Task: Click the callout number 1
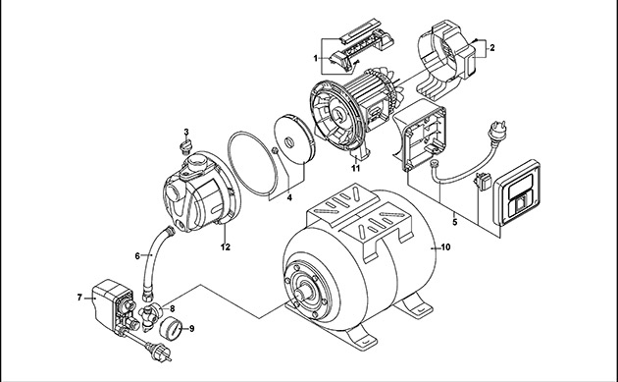(x=315, y=58)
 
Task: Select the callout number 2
(x=491, y=48)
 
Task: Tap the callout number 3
(x=186, y=132)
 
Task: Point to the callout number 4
(x=289, y=197)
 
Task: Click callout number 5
(x=455, y=222)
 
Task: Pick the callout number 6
(x=137, y=256)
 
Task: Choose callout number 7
(x=79, y=298)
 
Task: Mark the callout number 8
(x=173, y=308)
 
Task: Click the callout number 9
(x=192, y=329)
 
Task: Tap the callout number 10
(x=445, y=247)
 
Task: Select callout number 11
(x=356, y=168)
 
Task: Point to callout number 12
(x=225, y=247)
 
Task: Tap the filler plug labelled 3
(x=185, y=146)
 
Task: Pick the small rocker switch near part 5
(x=483, y=181)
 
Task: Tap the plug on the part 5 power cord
(x=496, y=131)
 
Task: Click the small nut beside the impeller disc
(x=275, y=150)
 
